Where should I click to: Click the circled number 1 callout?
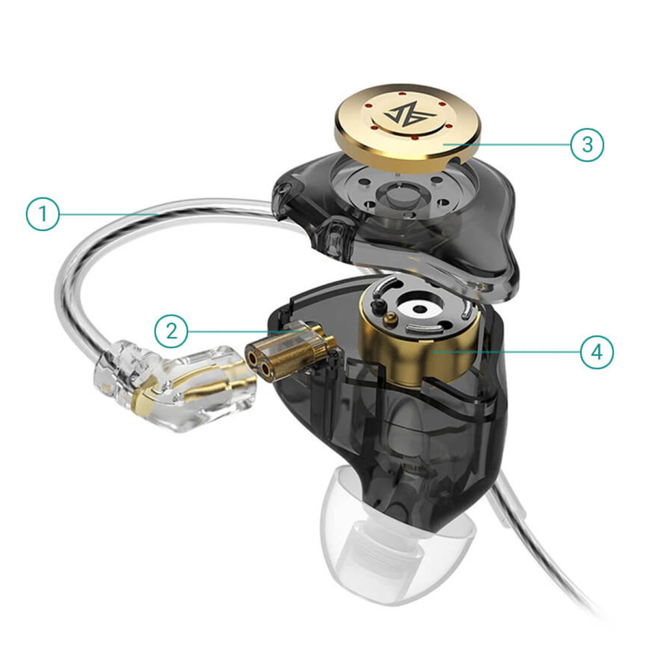tap(43, 214)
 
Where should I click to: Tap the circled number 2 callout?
tap(172, 331)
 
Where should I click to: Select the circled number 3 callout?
tap(587, 144)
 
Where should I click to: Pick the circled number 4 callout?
tap(597, 352)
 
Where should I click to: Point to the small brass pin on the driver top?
tap(390, 320)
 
